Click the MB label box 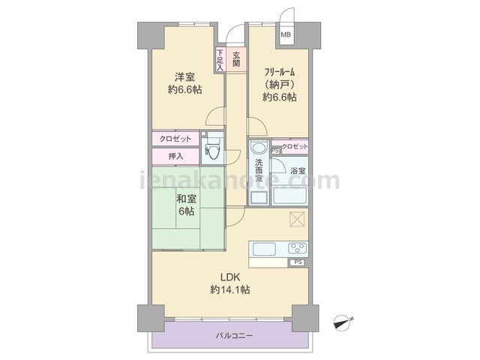(286, 34)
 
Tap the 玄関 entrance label (236, 60)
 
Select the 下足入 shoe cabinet (220, 60)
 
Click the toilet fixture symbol (212, 148)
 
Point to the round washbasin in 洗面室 (259, 148)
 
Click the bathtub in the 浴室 (289, 196)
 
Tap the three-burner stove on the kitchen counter (298, 247)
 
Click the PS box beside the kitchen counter (298, 262)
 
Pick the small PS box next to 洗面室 (275, 151)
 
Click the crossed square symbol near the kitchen (297, 219)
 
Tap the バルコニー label (234, 336)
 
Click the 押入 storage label (175, 156)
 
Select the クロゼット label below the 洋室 (175, 139)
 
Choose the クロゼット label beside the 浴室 (295, 147)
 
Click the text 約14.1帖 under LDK (230, 289)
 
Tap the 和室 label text (186, 199)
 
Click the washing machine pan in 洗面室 (259, 198)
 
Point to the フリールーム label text (280, 72)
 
